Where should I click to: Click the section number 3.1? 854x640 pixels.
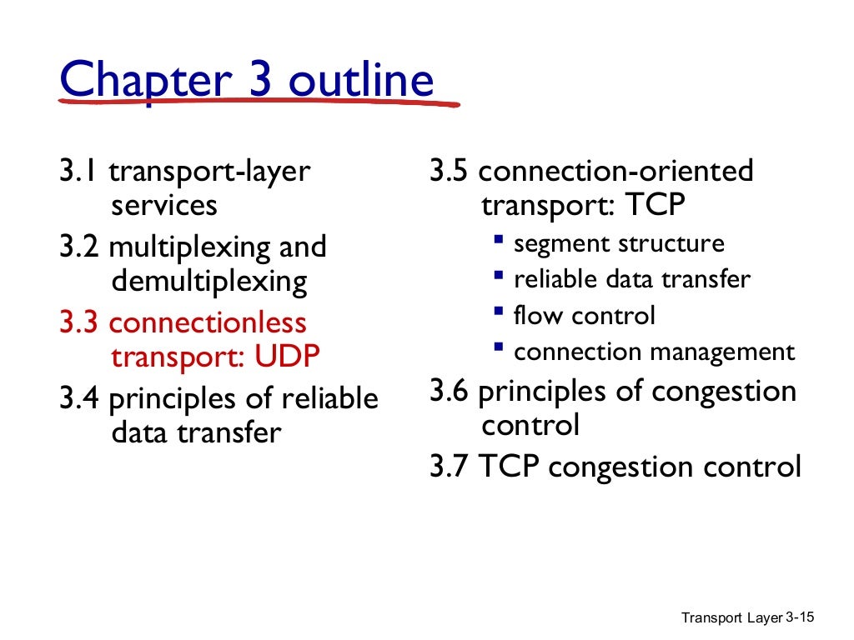tap(81, 172)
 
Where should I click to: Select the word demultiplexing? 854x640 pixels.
tap(208, 282)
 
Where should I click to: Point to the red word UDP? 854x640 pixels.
tap(287, 357)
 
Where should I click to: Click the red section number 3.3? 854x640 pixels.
tap(81, 322)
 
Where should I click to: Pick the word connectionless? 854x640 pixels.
tap(208, 322)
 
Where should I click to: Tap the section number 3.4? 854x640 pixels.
tap(81, 398)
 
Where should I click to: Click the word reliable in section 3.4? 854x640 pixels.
tap(329, 398)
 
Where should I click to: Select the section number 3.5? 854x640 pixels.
tap(451, 172)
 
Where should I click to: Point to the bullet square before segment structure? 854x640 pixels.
tap(498, 240)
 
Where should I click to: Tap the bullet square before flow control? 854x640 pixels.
tap(498, 312)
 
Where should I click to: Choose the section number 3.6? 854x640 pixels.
tap(451, 391)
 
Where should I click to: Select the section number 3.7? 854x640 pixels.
tap(451, 466)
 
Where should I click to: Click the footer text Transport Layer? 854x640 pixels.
tap(732, 617)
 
